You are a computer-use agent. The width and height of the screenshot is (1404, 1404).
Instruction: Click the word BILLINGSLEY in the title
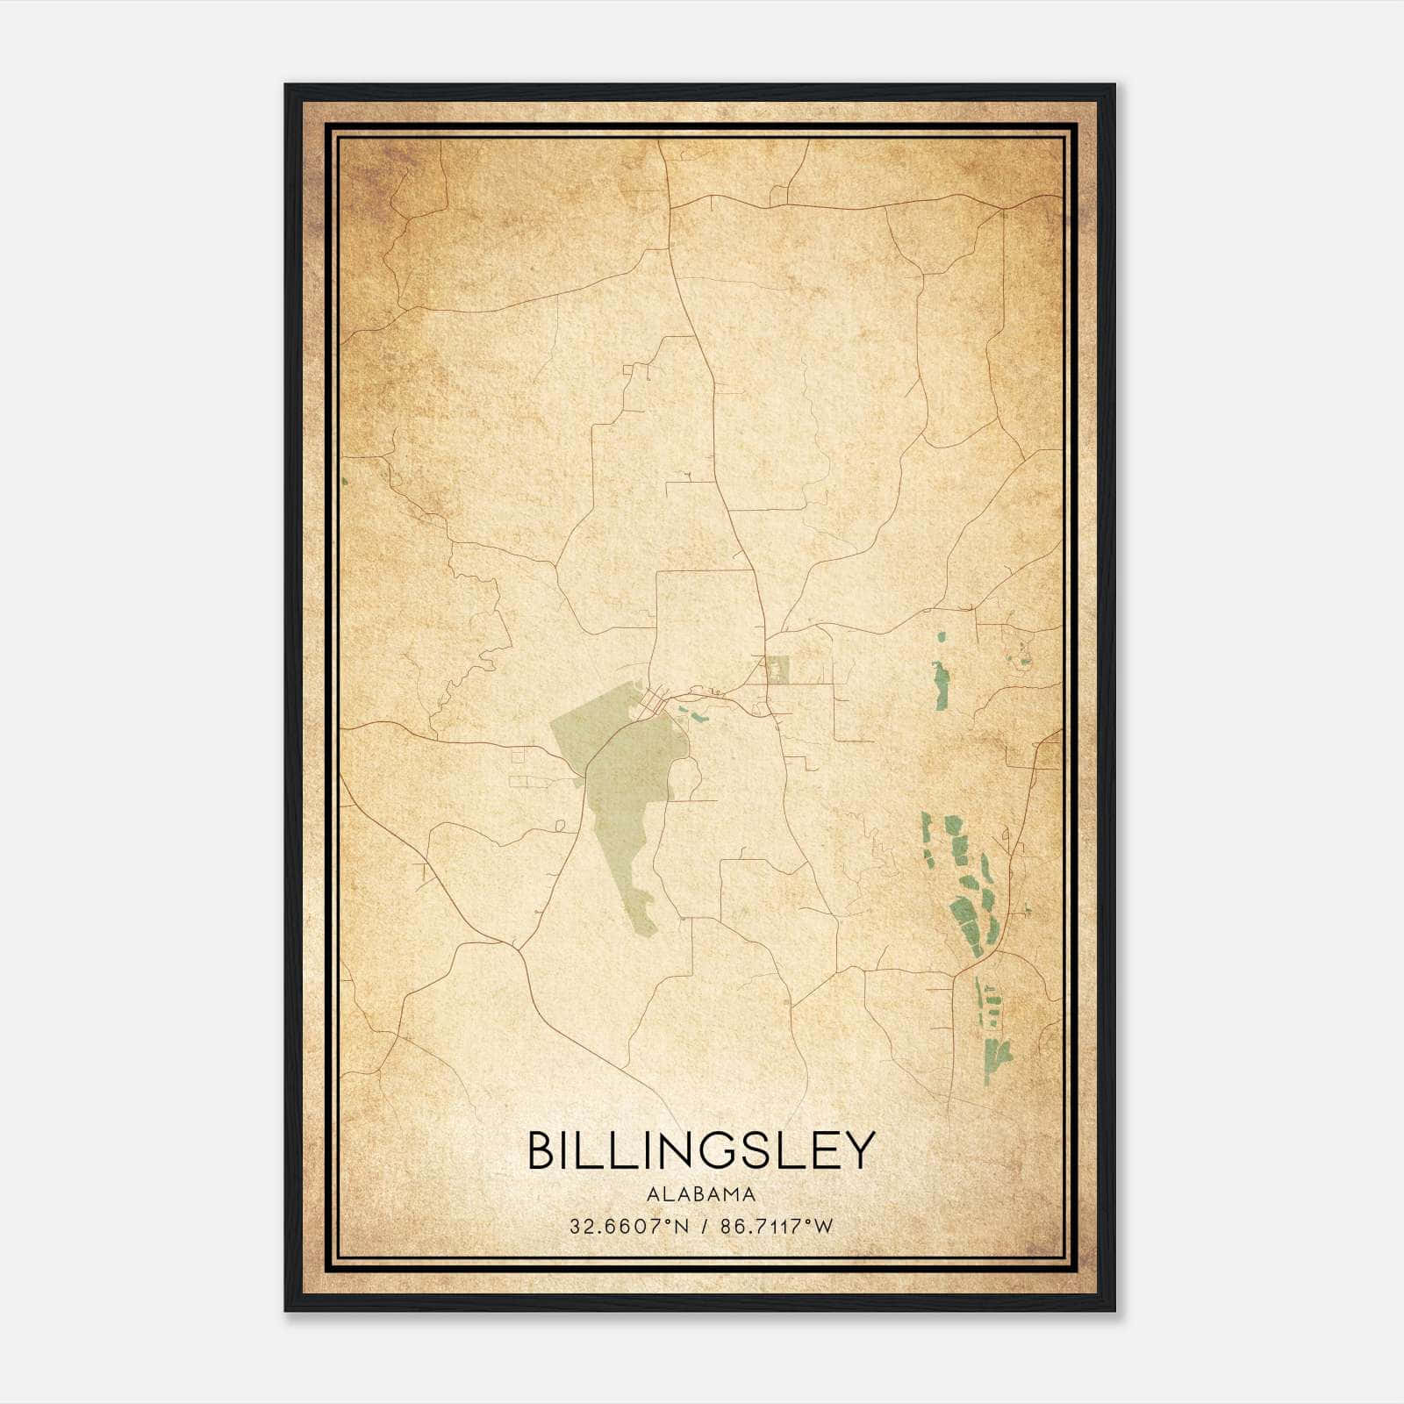point(701,1150)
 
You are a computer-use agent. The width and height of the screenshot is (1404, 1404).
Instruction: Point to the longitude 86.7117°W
point(776,1226)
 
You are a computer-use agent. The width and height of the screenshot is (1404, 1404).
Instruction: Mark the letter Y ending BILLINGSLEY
point(859,1150)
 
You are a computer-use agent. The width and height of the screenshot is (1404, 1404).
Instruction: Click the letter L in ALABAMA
point(667,1194)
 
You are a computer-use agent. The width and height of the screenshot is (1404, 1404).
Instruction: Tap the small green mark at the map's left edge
point(345,481)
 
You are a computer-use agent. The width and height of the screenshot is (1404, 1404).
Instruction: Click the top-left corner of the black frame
point(286,85)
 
